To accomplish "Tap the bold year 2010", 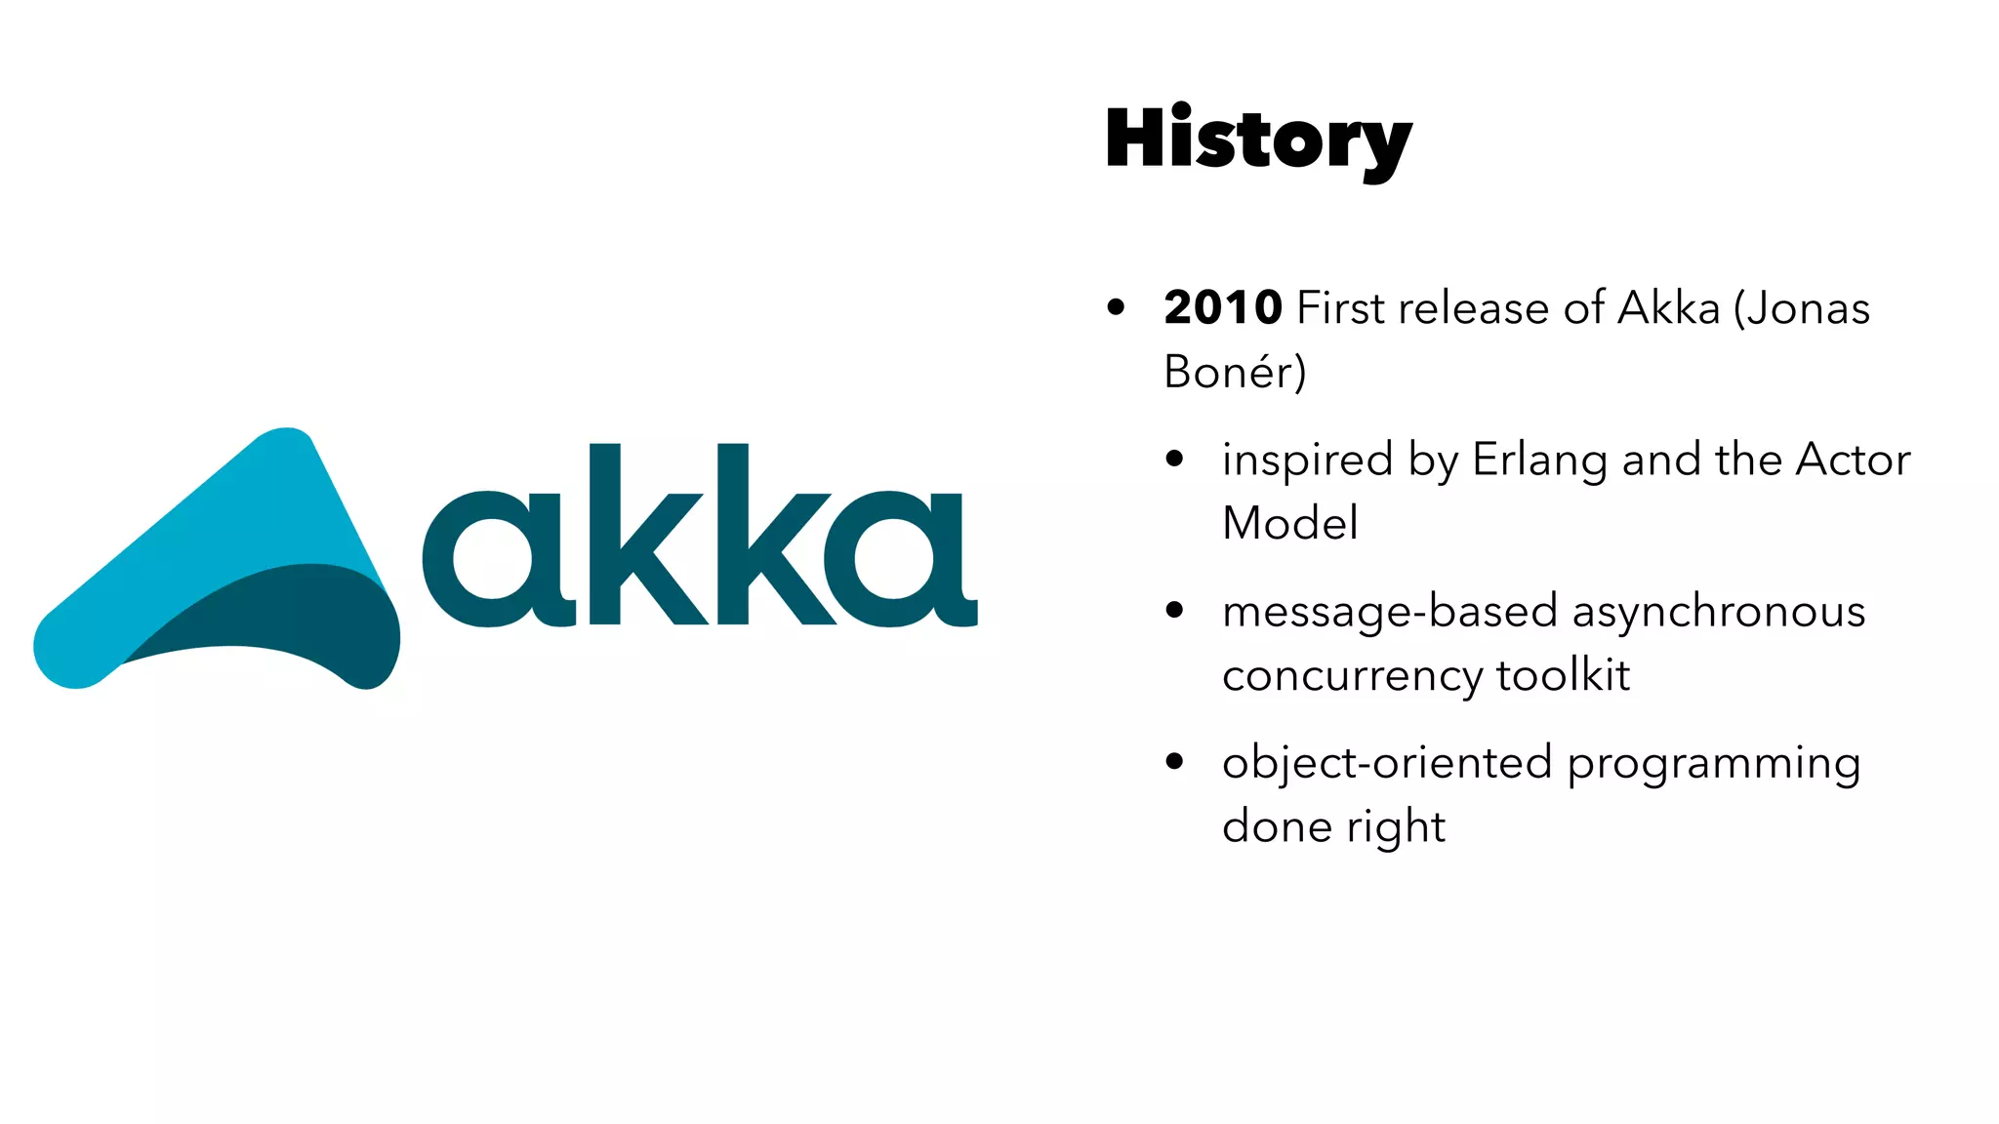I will pos(1223,308).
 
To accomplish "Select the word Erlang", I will pos(1539,461).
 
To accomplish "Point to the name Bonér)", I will pos(1235,372).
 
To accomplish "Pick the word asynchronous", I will pos(1719,613).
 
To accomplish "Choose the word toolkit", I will pos(1563,675).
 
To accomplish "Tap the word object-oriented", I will pos(1387,763).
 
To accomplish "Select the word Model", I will pos(1289,523).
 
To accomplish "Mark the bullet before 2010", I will pos(1117,308).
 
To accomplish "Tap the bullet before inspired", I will pos(1174,459).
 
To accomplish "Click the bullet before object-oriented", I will pos(1174,762).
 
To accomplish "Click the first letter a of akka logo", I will pos(494,559).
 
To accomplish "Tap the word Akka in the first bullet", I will pos(1669,308).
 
